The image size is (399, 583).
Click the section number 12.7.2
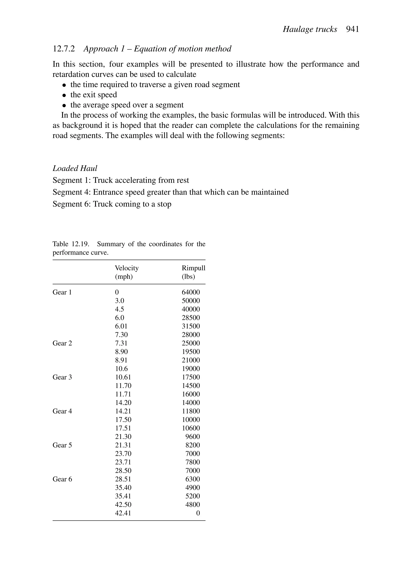click(x=64, y=49)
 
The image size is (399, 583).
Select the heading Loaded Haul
click(x=75, y=168)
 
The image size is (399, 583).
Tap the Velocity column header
click(x=126, y=268)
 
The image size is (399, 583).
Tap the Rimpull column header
click(x=193, y=268)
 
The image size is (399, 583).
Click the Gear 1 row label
click(x=62, y=292)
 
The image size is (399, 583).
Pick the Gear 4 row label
click(x=62, y=411)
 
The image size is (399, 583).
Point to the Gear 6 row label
click(x=62, y=479)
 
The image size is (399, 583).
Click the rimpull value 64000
click(x=191, y=292)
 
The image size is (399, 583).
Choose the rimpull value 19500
click(x=191, y=352)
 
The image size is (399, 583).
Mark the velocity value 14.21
click(x=123, y=411)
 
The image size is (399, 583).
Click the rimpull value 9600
click(x=192, y=437)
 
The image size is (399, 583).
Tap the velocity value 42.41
click(x=123, y=513)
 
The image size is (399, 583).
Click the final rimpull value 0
click(x=198, y=513)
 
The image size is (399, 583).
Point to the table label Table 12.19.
click(x=71, y=244)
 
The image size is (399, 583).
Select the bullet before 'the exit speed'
click(x=64, y=95)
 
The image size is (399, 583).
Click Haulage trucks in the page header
click(x=310, y=29)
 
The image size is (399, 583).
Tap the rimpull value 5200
click(x=192, y=496)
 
